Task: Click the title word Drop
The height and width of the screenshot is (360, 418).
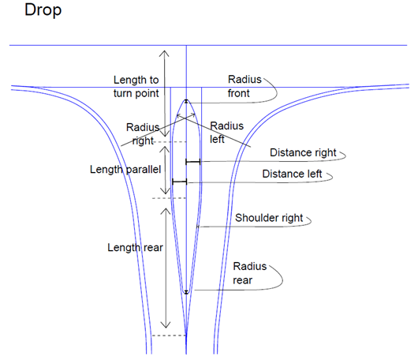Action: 43,11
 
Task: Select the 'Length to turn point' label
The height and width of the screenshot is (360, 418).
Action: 136,87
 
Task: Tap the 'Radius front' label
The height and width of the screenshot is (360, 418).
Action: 244,86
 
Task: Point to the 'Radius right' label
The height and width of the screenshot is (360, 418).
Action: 143,134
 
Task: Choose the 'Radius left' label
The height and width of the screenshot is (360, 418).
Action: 226,133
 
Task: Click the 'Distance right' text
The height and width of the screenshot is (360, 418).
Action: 303,153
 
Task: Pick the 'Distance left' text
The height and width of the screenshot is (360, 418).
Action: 292,174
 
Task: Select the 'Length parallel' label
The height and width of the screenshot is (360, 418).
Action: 125,170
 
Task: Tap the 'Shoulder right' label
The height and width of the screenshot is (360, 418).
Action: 269,218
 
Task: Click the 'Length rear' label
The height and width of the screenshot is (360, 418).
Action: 135,248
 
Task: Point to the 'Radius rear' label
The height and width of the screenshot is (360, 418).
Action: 250,273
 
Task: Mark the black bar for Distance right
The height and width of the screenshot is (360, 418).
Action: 193,162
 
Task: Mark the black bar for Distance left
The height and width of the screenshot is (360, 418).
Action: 180,182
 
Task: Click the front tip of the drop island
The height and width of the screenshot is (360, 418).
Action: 186,99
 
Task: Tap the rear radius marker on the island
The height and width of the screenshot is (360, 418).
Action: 186,292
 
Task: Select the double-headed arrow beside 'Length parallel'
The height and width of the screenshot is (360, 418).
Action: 166,170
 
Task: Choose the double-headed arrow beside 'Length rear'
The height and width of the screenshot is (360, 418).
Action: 166,268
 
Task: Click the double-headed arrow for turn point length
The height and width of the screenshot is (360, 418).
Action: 165,94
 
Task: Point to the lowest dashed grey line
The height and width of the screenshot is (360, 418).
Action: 169,336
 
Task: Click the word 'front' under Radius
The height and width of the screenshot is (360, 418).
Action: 239,93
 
